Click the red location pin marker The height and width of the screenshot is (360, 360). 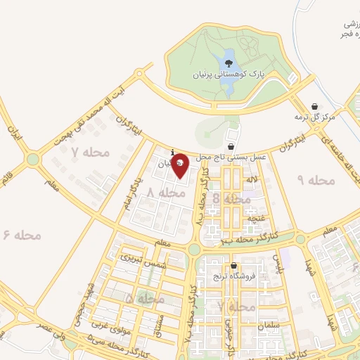[180, 164]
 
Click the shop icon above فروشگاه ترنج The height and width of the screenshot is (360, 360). [233, 266]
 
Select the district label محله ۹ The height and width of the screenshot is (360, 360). [317, 181]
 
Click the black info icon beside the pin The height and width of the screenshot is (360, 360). [173, 152]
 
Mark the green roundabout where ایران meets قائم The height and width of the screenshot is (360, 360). [32, 160]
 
